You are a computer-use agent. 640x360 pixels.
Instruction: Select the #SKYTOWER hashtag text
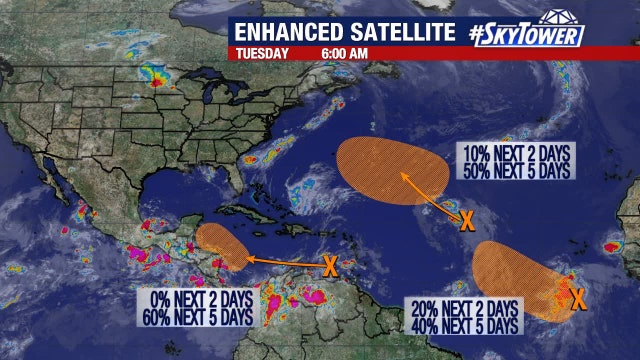524,31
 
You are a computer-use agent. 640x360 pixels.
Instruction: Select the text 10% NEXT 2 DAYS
516,155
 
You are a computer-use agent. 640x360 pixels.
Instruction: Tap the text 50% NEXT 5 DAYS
516,171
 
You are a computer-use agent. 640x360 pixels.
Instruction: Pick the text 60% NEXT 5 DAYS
197,316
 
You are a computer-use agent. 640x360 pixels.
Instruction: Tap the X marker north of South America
329,265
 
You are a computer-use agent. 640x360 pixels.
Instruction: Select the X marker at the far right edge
577,296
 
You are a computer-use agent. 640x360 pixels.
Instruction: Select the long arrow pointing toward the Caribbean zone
285,262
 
